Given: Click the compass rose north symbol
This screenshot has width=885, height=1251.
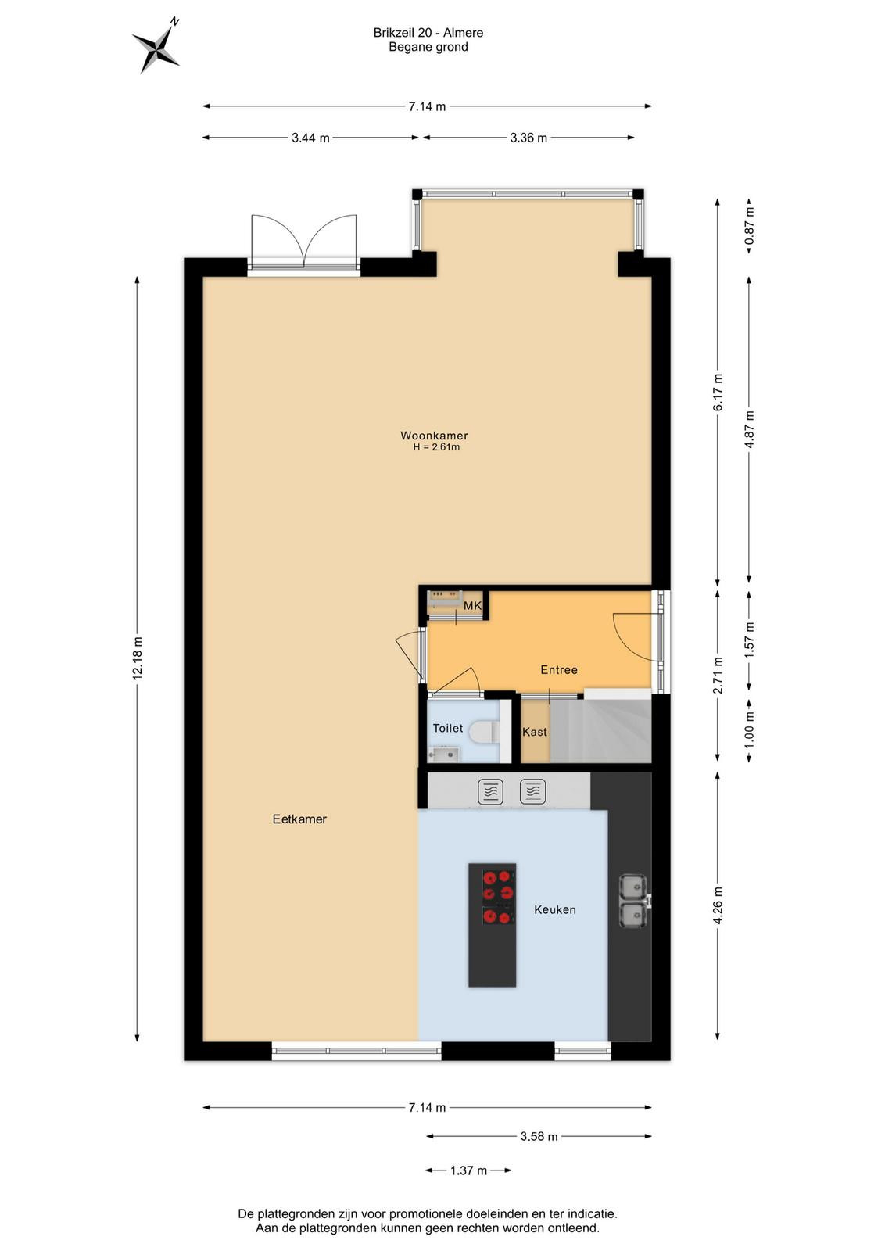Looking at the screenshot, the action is tap(156, 48).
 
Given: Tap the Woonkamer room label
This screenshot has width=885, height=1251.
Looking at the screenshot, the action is tap(434, 436).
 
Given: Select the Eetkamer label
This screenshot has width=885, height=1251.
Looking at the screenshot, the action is tap(299, 819).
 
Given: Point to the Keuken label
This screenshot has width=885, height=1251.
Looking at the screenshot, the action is tap(554, 910).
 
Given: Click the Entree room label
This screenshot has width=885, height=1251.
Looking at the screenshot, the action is tap(559, 669).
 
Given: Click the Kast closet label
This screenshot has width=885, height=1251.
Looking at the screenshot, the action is tap(534, 732).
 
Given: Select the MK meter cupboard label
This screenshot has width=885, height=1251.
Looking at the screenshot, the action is tap(472, 606).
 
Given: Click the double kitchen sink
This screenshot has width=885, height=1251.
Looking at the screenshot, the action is tap(634, 900).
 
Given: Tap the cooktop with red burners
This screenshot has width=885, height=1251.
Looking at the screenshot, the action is tap(498, 897).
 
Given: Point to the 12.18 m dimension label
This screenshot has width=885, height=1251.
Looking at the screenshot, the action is tap(138, 658).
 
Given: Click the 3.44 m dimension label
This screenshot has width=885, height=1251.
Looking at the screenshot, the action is tap(310, 138).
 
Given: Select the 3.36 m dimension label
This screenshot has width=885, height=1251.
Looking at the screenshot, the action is tap(528, 138).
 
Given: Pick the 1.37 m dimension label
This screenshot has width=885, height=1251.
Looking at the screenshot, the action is tap(468, 1170).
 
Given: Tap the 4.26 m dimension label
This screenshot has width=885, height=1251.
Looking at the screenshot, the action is tap(718, 905).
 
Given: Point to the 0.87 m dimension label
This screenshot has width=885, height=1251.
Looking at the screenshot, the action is tap(749, 225).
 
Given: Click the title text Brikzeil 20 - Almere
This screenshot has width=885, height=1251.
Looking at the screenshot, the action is tap(428, 33).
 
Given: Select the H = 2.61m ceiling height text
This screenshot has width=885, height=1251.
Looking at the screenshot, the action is tap(436, 447).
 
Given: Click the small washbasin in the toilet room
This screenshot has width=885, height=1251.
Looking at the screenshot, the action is tap(443, 754).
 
